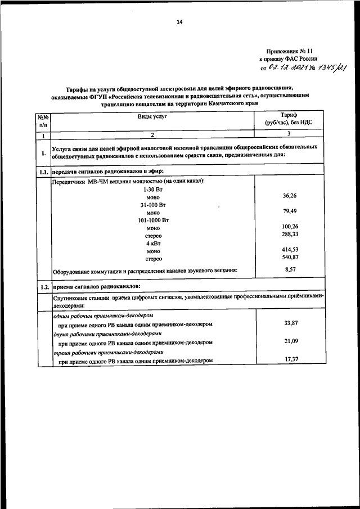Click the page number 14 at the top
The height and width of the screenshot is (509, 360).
point(179,22)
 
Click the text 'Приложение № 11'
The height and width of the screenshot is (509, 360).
point(289,49)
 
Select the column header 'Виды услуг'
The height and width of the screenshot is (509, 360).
point(153,116)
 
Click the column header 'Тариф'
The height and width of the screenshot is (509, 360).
point(289,114)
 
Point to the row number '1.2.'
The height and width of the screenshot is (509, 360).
point(43,287)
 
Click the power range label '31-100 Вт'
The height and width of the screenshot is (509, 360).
point(153,205)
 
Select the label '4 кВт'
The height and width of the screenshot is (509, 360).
point(153,244)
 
